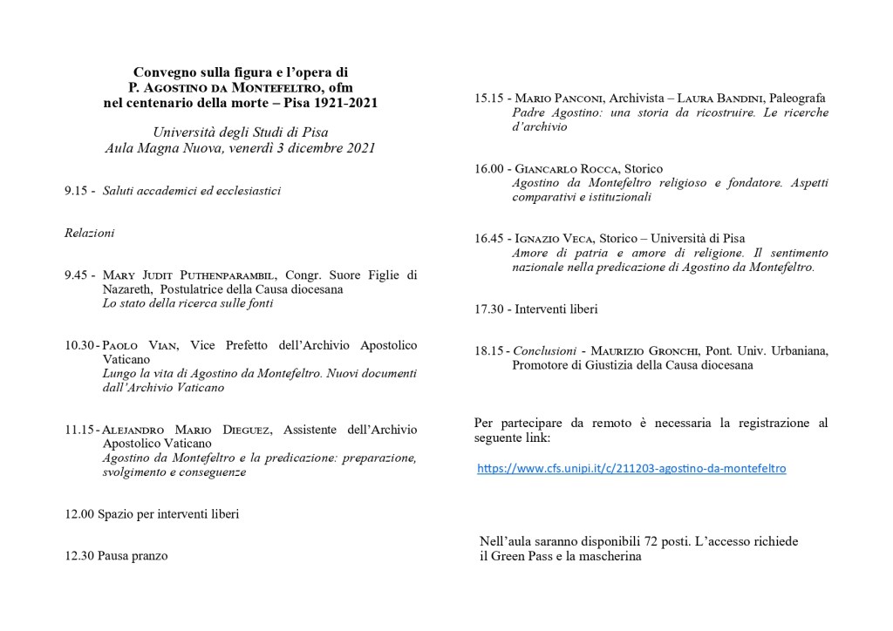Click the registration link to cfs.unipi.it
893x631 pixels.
(631, 469)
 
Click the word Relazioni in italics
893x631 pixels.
(90, 234)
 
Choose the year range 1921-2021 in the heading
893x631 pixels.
(333, 103)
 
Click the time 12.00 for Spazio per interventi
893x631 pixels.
(79, 513)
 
